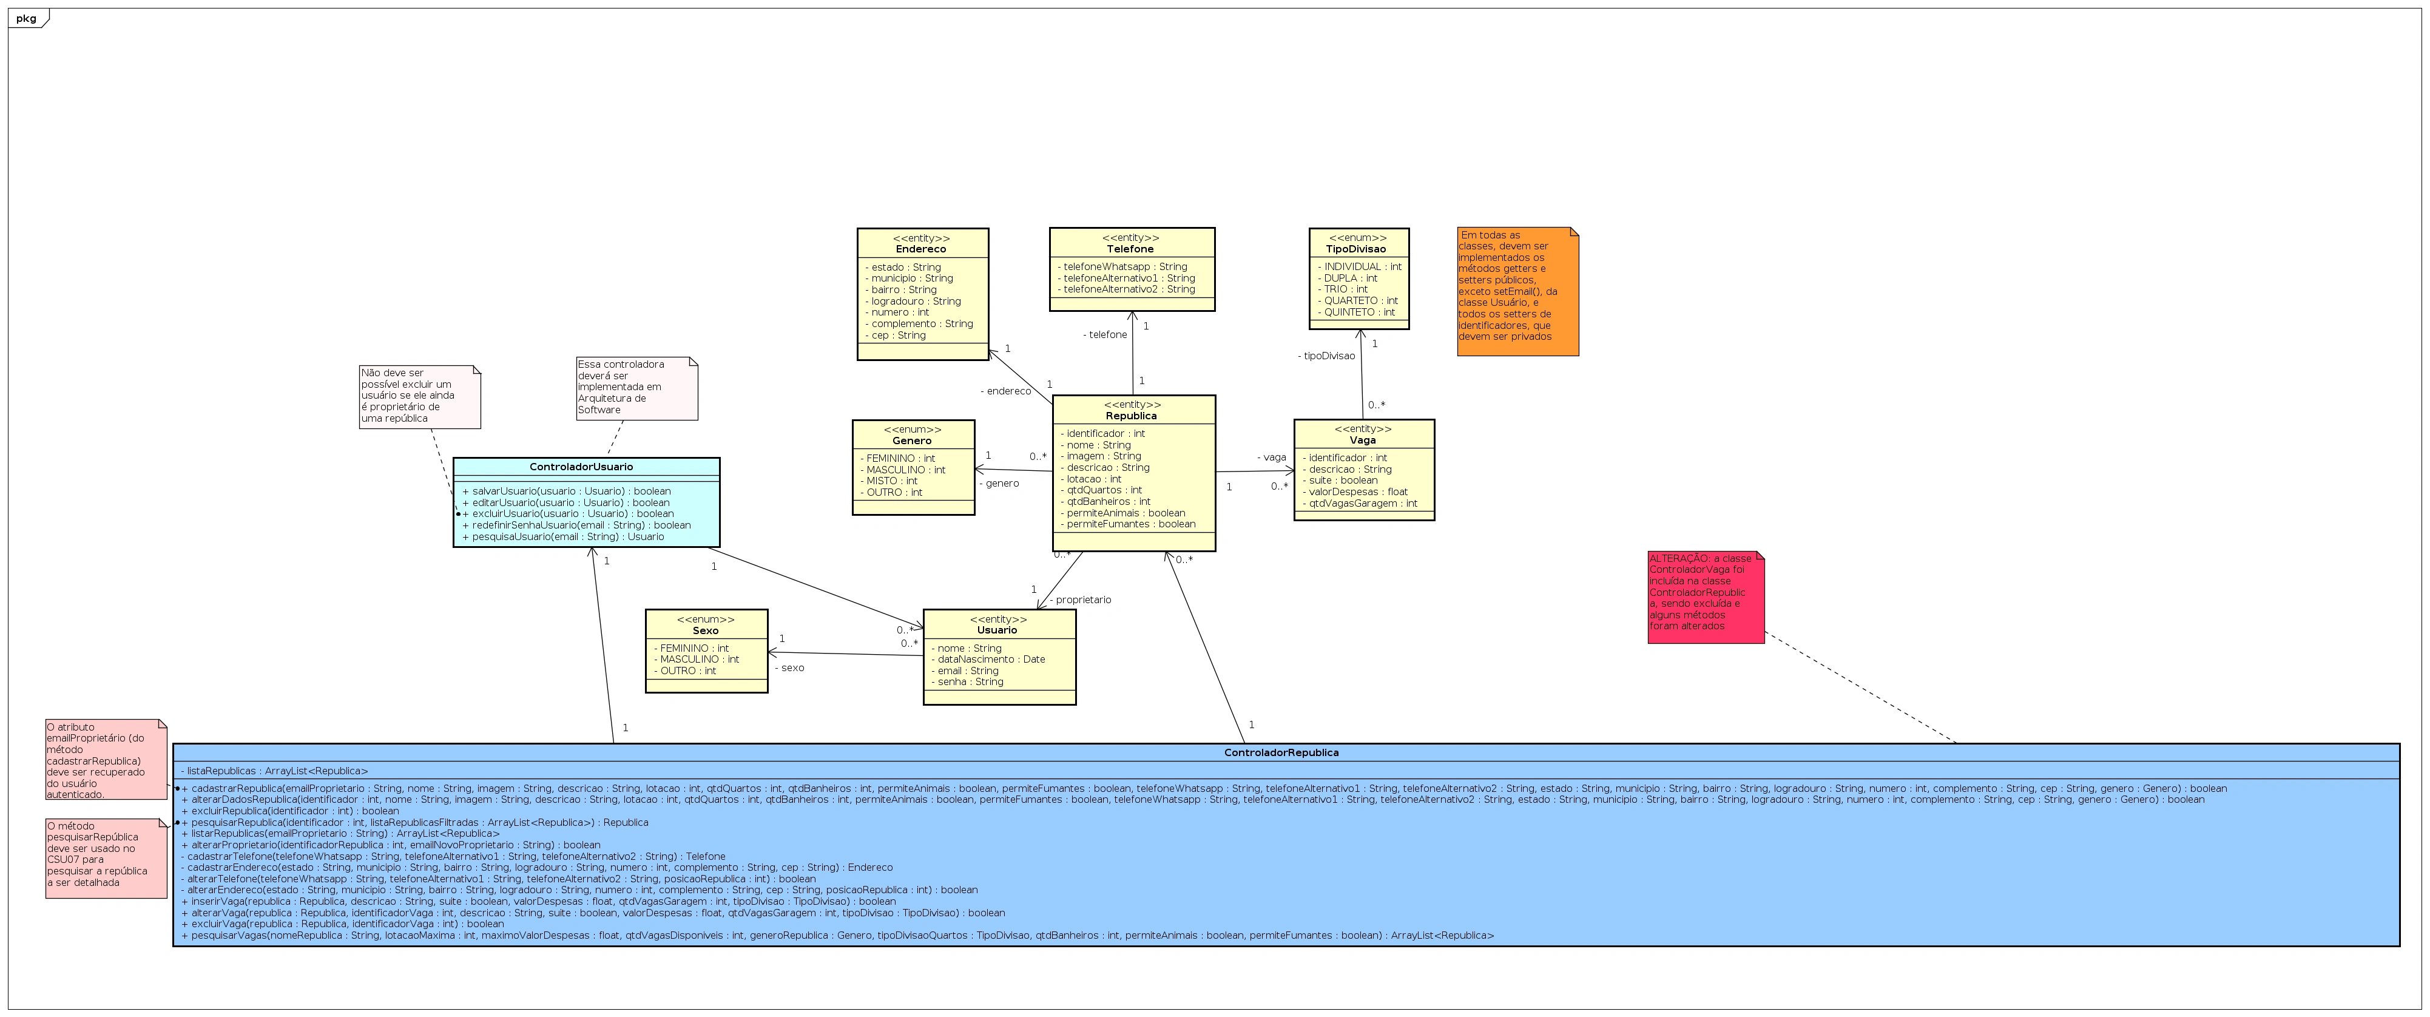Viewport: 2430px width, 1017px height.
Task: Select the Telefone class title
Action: click(1130, 249)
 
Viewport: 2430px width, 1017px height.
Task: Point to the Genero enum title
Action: click(911, 441)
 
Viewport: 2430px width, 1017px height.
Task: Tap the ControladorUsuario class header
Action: click(581, 467)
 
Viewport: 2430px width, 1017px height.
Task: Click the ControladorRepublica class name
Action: click(1281, 753)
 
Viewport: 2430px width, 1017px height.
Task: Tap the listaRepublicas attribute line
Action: click(274, 771)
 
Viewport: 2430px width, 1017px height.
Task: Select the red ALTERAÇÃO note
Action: click(1704, 596)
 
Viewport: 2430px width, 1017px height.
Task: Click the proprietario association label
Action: click(1082, 600)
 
